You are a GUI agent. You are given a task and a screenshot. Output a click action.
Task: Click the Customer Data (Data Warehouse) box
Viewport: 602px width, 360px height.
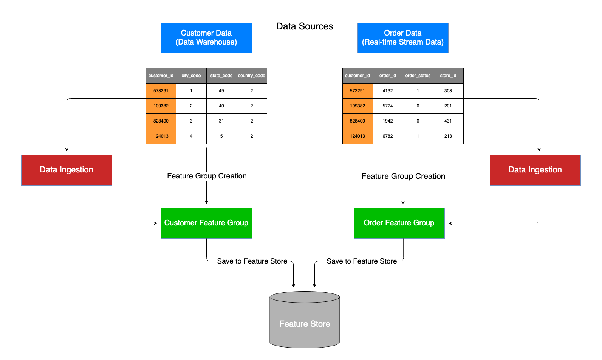(x=206, y=38)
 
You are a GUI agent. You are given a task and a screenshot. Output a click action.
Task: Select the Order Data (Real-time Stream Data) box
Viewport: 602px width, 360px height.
(x=403, y=38)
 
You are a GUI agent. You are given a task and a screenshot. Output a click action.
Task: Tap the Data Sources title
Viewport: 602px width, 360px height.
(x=305, y=26)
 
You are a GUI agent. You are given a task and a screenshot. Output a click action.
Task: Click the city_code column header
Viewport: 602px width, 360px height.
(x=191, y=76)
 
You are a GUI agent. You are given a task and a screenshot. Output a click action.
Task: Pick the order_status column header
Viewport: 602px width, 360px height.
(x=418, y=76)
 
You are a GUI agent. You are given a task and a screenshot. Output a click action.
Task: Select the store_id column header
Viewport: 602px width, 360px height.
(x=448, y=76)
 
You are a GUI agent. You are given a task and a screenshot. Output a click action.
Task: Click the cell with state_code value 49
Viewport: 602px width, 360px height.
(x=221, y=91)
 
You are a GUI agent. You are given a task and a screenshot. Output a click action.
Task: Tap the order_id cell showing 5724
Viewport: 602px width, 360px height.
(x=388, y=106)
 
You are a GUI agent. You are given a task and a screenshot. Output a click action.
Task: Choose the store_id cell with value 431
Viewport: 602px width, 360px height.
(x=448, y=121)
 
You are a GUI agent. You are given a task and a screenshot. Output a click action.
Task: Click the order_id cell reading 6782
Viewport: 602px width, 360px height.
(x=388, y=136)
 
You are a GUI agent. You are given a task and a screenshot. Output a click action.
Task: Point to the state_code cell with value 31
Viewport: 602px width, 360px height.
(x=221, y=121)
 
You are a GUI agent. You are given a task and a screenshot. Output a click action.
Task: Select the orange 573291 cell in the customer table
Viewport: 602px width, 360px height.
(x=161, y=91)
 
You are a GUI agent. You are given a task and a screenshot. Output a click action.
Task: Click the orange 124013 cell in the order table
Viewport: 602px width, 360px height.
(x=357, y=136)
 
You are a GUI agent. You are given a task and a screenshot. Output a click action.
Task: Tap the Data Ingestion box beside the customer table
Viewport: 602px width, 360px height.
(x=67, y=170)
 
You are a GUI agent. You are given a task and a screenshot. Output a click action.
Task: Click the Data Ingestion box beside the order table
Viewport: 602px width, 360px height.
(x=535, y=170)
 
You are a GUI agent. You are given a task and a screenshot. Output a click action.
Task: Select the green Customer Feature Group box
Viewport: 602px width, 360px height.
(x=206, y=223)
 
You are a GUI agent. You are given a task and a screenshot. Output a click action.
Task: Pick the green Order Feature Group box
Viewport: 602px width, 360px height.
(x=399, y=223)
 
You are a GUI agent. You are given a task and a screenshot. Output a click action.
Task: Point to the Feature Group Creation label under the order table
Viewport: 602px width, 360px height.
(x=403, y=176)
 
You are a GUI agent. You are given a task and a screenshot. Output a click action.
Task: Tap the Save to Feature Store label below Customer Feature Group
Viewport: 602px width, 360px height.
(x=252, y=261)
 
